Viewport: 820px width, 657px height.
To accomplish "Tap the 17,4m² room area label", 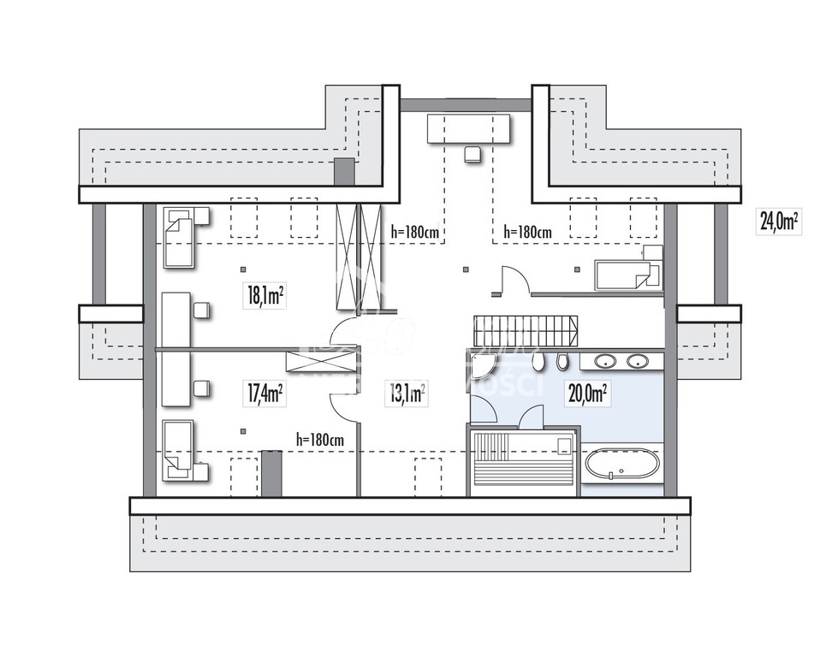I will click(265, 394).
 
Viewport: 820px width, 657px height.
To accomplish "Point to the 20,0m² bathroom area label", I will click(586, 394).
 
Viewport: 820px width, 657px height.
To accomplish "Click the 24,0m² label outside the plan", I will click(778, 222).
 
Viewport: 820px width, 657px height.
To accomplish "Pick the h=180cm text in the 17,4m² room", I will click(320, 439).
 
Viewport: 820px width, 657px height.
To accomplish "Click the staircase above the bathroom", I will click(525, 329).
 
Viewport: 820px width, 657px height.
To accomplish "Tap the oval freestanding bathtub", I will click(622, 466).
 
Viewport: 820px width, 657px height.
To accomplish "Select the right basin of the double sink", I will click(638, 361).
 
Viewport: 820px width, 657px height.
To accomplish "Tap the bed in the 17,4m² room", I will click(181, 448).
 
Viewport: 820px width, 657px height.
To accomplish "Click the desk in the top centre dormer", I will click(469, 128).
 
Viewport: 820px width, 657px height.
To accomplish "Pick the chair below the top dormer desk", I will click(472, 154).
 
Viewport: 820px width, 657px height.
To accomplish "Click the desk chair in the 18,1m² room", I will click(201, 311).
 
